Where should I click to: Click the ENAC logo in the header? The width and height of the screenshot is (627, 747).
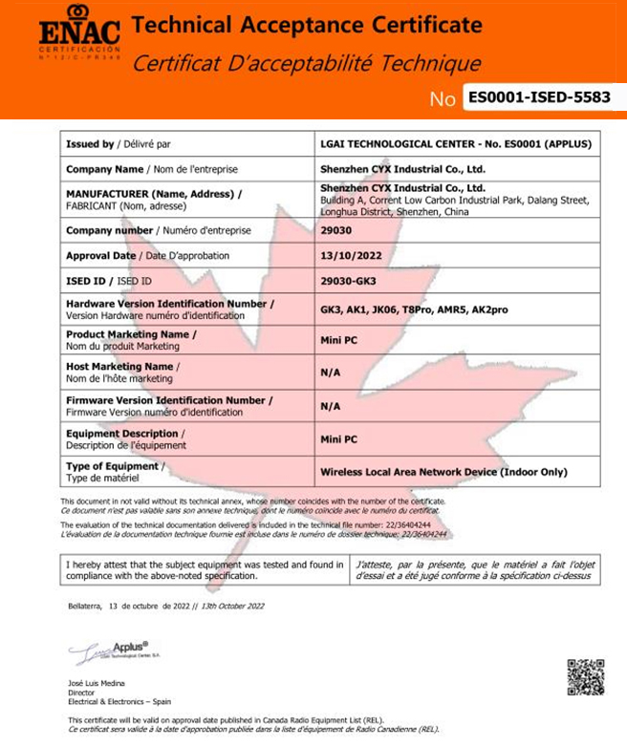click(x=79, y=32)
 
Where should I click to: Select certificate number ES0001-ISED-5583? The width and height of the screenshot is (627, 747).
click(x=539, y=97)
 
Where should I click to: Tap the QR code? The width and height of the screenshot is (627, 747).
click(x=585, y=676)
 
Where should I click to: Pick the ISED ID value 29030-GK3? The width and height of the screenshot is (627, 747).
click(x=350, y=281)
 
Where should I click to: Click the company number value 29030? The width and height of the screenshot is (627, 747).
click(x=335, y=231)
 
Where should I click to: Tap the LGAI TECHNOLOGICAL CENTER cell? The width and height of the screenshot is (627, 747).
click(x=456, y=144)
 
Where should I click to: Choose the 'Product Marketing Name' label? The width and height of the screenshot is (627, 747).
click(x=131, y=334)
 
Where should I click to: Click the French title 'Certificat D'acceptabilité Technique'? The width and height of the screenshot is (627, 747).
click(x=306, y=64)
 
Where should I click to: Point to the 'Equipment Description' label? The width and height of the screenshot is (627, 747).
click(x=125, y=433)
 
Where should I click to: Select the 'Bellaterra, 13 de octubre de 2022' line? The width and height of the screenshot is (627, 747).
click(x=166, y=606)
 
